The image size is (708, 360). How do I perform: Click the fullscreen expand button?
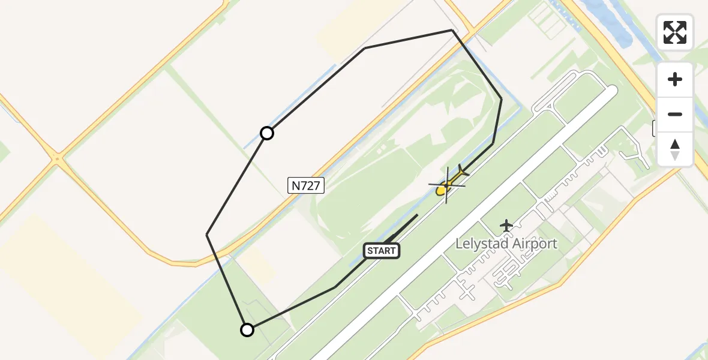pyautogui.click(x=675, y=32)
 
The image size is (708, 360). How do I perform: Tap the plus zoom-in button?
pyautogui.click(x=675, y=79)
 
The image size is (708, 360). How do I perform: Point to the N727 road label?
pyautogui.click(x=306, y=186)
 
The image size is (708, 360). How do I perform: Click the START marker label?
pyautogui.click(x=381, y=251)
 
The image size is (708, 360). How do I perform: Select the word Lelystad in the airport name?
pyautogui.click(x=482, y=244)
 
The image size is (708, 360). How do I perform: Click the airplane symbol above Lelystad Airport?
pyautogui.click(x=507, y=226)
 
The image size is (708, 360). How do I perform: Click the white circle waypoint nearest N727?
pyautogui.click(x=267, y=133)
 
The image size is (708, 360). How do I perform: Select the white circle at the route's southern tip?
pyautogui.click(x=247, y=329)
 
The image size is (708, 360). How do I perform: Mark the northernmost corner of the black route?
pyautogui.click(x=451, y=30)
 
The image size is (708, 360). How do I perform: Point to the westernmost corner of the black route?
pyautogui.click(x=207, y=234)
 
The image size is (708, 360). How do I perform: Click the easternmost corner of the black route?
pyautogui.click(x=502, y=99)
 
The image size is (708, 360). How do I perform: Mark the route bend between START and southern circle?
pyautogui.click(x=334, y=288)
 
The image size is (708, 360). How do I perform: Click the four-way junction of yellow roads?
pyautogui.click(x=58, y=159)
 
